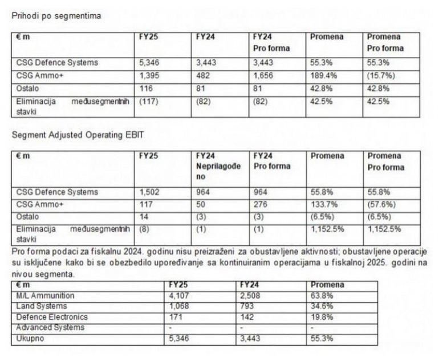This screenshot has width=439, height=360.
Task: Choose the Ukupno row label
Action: tap(29, 339)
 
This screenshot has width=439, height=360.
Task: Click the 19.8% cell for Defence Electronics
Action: tap(322, 317)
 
